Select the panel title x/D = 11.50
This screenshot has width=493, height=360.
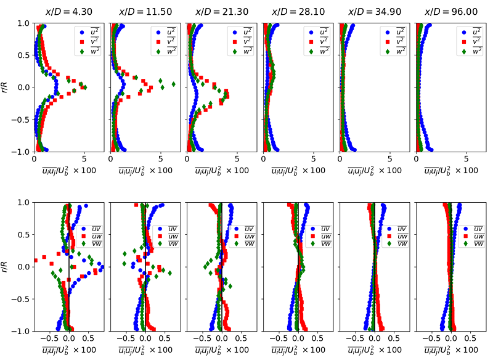click(x=144, y=12)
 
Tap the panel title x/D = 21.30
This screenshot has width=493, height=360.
click(x=221, y=12)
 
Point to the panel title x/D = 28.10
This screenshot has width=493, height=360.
click(x=298, y=12)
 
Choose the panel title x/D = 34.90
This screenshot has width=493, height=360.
click(x=374, y=12)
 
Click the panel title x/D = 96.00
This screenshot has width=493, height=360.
click(x=450, y=12)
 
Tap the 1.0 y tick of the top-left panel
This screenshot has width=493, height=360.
click(x=23, y=23)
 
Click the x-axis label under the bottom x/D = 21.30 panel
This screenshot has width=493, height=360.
click(x=221, y=350)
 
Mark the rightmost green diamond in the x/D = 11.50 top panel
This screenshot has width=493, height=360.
click(x=173, y=84)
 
